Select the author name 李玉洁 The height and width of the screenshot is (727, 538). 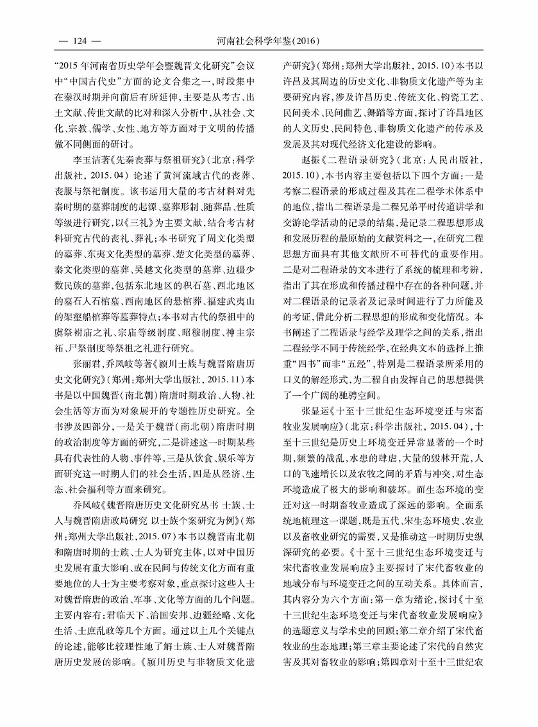click(83, 158)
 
